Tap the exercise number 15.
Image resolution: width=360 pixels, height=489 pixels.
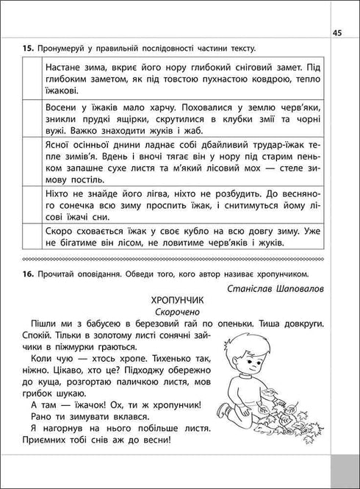click(x=28, y=48)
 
